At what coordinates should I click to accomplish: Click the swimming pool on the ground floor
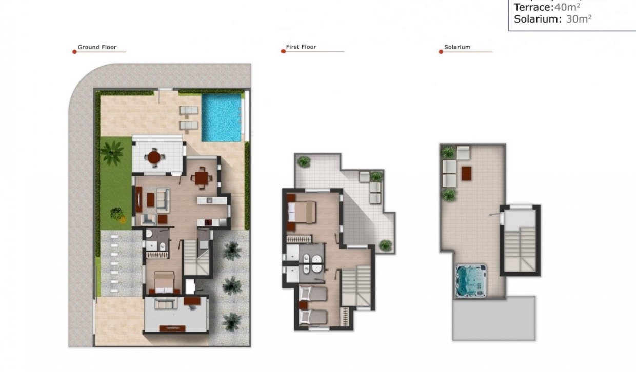point(222,118)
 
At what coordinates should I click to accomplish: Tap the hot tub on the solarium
point(471,281)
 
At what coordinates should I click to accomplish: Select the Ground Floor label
point(97,47)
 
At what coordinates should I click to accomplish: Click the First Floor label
point(301,47)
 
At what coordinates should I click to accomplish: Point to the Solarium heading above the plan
point(457,47)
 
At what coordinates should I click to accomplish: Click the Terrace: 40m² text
point(547,7)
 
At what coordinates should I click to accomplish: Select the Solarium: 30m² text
point(552,19)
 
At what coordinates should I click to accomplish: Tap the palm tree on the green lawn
point(111,152)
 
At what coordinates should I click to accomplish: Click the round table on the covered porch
point(154,157)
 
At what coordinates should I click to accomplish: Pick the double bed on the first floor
point(303,212)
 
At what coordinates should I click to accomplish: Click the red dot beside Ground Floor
point(74,52)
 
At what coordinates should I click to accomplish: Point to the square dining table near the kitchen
point(201,178)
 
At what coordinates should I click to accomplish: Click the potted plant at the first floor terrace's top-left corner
point(304,162)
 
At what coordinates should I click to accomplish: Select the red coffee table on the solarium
point(466,173)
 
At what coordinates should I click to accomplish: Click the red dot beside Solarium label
point(441,52)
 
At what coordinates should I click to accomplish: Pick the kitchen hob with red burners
point(209,222)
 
